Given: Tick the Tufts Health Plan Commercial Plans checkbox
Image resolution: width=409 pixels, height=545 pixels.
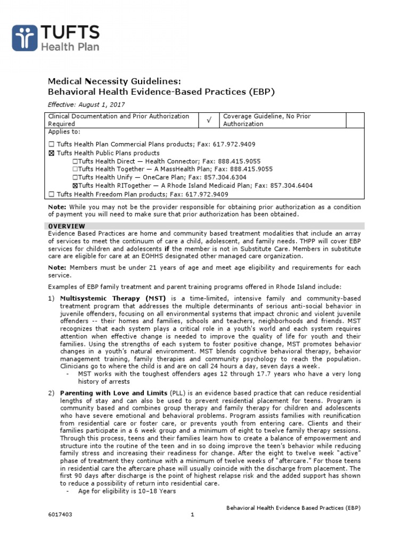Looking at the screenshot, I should [51, 144].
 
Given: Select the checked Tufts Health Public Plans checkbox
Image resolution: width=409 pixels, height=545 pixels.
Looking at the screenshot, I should [51, 152].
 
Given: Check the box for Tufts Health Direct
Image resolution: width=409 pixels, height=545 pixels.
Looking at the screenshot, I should [75, 161].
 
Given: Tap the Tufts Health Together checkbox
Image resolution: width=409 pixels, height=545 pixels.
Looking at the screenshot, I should [75, 169].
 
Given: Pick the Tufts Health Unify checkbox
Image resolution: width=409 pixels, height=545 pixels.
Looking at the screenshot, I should [75, 177].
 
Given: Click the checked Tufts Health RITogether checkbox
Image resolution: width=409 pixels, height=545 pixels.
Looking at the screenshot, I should [75, 186].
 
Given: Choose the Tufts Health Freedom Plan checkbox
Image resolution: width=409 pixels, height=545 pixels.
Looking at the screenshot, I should [51, 194].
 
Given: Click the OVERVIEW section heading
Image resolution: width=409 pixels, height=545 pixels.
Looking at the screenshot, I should [67, 226].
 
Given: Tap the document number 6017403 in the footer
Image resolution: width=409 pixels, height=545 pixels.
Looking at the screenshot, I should [60, 515].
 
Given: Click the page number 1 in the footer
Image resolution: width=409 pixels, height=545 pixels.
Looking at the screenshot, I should [193, 515].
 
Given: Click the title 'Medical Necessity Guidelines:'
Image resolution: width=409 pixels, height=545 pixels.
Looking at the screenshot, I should [114, 81].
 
